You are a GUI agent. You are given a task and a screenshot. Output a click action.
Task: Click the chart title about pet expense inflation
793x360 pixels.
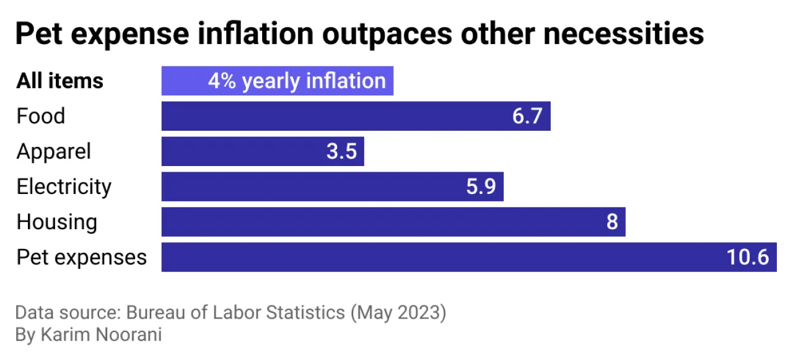[359, 34]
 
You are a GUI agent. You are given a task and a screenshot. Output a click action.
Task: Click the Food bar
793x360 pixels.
[335, 116]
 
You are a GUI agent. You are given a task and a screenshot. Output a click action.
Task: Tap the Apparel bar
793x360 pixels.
[242, 152]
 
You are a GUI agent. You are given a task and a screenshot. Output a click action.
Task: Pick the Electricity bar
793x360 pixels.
[310, 187]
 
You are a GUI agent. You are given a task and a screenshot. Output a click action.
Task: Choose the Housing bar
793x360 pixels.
[372, 222]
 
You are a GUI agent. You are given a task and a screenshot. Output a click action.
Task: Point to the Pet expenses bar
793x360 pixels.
[434, 257]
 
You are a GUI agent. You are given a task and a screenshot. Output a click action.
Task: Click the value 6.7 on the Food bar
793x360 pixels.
[527, 116]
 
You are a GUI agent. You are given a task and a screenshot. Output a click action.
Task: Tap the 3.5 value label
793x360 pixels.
[341, 152]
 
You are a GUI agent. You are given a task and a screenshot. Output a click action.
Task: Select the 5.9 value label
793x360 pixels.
[481, 187]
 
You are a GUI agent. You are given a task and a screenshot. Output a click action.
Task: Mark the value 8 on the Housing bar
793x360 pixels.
[612, 222]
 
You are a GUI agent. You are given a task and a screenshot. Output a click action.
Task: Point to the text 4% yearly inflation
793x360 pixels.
[296, 81]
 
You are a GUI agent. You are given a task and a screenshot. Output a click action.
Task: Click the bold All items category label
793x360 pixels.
[59, 81]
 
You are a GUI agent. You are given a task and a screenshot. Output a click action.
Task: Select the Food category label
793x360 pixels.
[41, 116]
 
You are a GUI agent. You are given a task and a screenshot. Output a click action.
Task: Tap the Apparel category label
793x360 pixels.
[53, 152]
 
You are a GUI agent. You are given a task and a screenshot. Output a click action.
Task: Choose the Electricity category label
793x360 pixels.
[64, 187]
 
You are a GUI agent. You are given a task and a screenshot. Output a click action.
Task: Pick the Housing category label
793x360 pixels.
[56, 222]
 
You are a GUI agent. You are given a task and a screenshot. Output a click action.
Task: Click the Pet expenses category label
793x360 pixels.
[81, 257]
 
